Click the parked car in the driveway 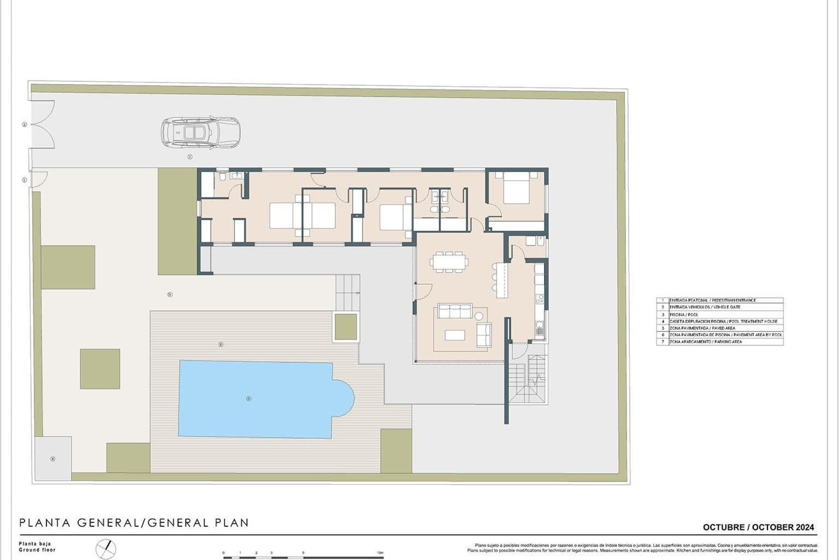pos(201,132)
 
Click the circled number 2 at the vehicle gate pos(24,125)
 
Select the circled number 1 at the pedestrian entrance pos(24,180)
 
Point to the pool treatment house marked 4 pos(53,458)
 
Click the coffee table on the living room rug pos(455,335)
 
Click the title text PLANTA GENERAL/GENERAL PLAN pos(134,523)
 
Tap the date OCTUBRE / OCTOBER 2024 pos(758,527)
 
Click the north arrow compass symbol pos(106,548)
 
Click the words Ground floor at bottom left pos(37,550)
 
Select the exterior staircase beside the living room pos(528,378)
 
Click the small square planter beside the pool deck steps pos(346,327)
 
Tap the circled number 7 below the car pos(190,157)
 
